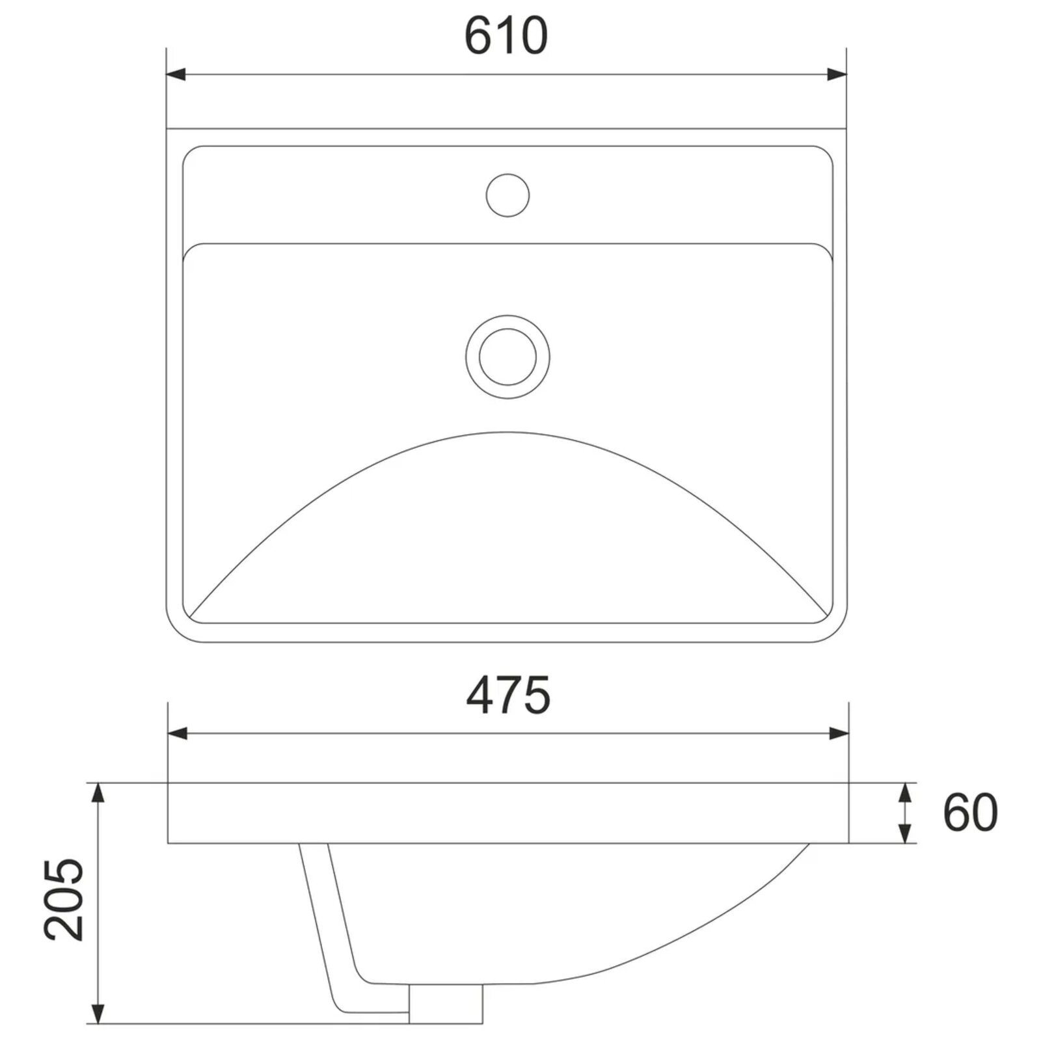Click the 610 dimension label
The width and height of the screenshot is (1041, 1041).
[x=506, y=36]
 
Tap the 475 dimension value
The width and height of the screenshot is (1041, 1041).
[x=508, y=695]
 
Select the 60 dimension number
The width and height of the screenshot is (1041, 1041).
[x=970, y=813]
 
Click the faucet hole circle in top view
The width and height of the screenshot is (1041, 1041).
[x=507, y=195]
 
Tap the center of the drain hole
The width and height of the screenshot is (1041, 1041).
[x=507, y=357]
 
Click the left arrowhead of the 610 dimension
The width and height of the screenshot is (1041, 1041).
[x=176, y=74]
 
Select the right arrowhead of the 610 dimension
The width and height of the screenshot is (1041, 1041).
[x=837, y=74]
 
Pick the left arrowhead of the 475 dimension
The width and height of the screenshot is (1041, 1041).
[x=178, y=734]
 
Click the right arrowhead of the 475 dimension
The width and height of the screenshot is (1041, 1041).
[x=839, y=734]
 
